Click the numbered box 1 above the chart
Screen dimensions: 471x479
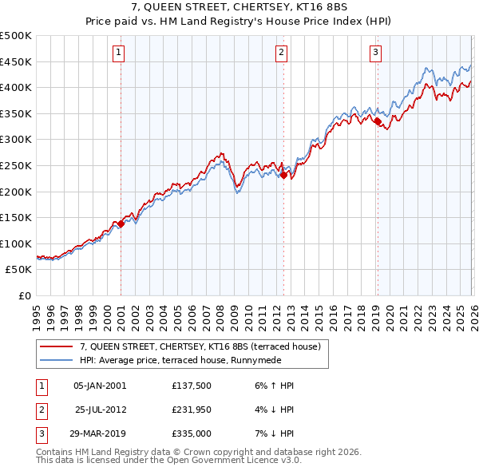click(118, 53)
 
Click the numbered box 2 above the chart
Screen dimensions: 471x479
click(282, 53)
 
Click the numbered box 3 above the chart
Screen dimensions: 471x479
click(375, 53)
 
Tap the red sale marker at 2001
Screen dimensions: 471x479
click(121, 224)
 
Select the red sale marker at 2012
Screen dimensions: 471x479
click(283, 175)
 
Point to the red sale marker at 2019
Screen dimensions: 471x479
click(377, 121)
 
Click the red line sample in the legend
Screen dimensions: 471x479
click(56, 346)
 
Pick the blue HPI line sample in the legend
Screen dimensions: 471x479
click(56, 360)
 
